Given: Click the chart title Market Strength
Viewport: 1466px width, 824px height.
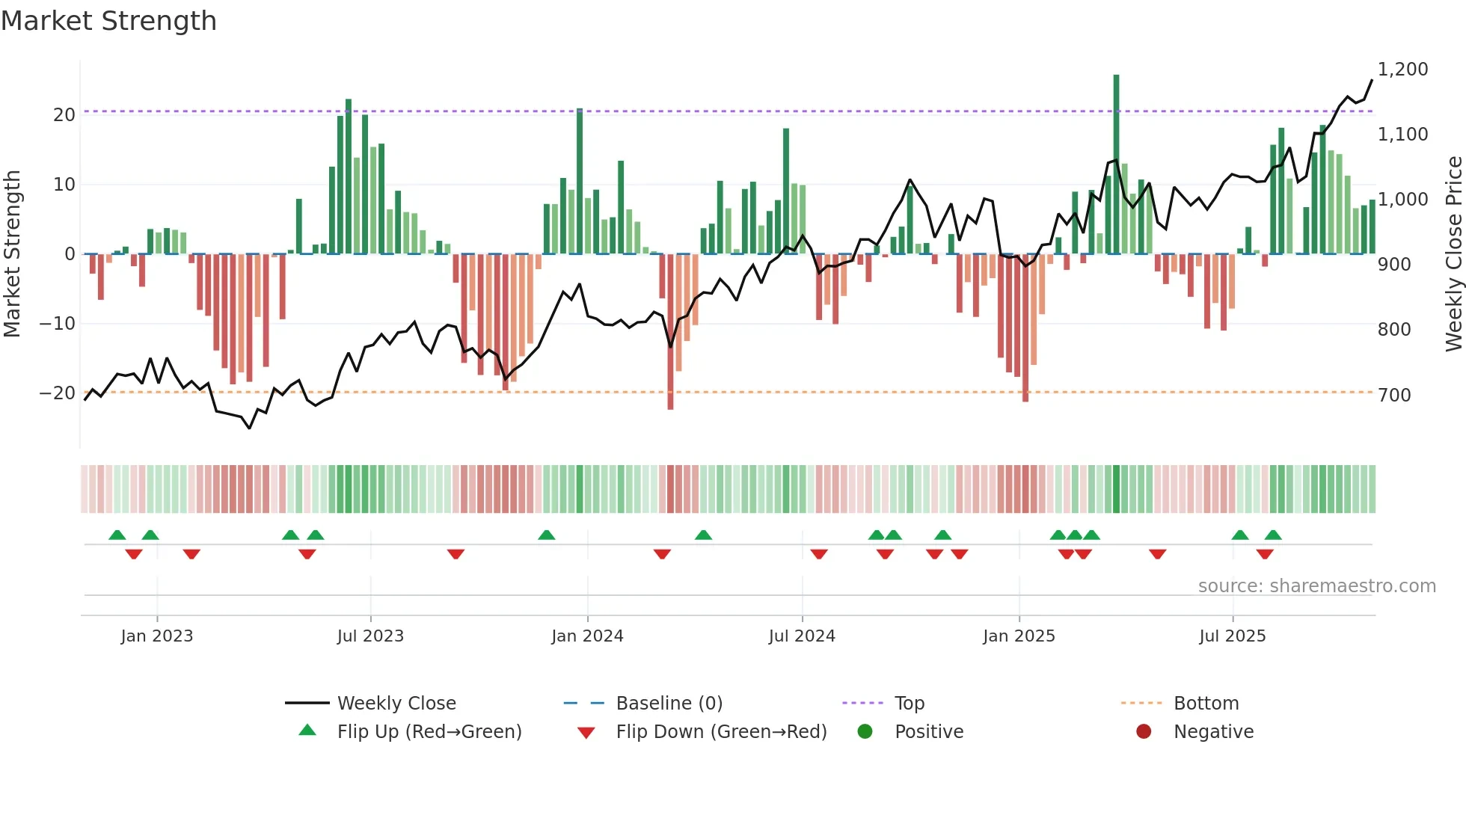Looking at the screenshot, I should (x=108, y=21).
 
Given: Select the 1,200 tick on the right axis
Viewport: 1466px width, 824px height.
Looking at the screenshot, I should (x=1402, y=70).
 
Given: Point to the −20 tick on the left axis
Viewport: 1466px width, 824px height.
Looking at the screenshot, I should (x=58, y=393).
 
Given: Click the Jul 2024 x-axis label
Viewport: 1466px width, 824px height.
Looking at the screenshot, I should (x=802, y=636).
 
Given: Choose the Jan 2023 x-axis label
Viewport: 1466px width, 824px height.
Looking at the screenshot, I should (x=157, y=636).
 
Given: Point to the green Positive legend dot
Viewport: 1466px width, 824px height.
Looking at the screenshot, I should (x=865, y=732).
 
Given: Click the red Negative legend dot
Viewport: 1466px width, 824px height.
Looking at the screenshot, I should (x=1144, y=732).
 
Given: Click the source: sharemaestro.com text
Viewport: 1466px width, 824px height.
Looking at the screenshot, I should (x=1316, y=586).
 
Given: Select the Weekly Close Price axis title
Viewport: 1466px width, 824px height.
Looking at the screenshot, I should (x=1453, y=254).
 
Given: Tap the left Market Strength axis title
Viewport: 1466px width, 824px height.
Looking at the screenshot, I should (x=12, y=254).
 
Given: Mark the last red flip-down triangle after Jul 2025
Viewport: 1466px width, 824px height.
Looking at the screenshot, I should (x=1265, y=554).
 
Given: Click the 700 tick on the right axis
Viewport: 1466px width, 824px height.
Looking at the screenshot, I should (x=1394, y=395).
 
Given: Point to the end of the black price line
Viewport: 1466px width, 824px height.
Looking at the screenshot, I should (x=1372, y=80).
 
